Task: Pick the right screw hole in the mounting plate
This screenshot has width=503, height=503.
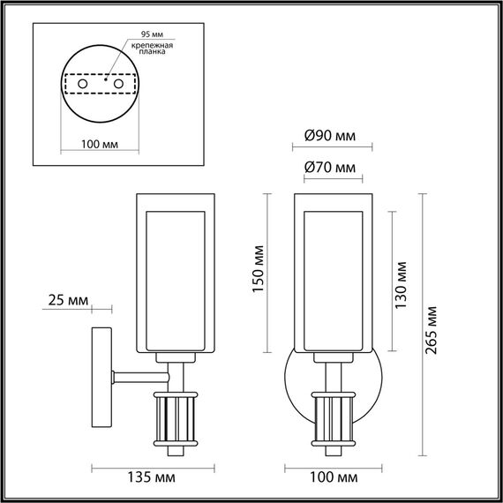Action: coord(115,83)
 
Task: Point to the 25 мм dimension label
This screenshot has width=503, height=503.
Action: coord(67,301)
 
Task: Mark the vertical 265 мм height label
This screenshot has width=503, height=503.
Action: coord(432,328)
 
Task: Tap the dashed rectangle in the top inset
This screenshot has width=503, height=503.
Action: coord(100,84)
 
